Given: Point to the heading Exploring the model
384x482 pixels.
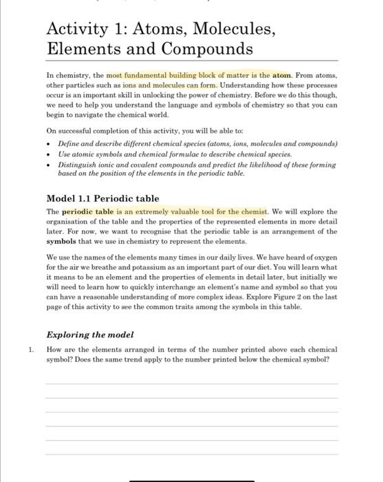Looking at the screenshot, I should coord(89,335).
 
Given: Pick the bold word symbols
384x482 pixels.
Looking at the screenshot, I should coord(62,242).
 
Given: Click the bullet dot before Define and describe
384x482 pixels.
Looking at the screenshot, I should coord(50,145).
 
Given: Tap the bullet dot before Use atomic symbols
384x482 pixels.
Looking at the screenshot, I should coord(50,155).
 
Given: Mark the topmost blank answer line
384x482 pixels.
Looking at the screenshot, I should coord(191,384).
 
